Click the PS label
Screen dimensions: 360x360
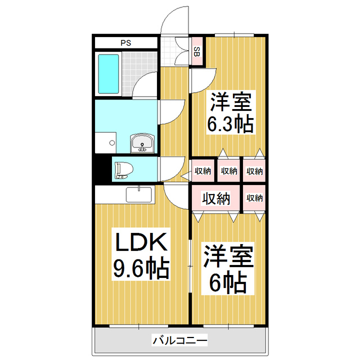point(125,42)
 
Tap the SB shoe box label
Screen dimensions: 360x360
point(196,52)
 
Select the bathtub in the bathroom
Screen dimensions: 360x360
point(109,74)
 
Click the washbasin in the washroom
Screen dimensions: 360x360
point(142,144)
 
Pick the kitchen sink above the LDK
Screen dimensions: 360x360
point(138,195)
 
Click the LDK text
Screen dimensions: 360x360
point(141,244)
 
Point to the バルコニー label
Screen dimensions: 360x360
point(179,340)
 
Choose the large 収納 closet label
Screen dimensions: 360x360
point(216,198)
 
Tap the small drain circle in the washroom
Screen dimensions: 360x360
point(112,142)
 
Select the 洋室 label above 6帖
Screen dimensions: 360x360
point(228,256)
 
